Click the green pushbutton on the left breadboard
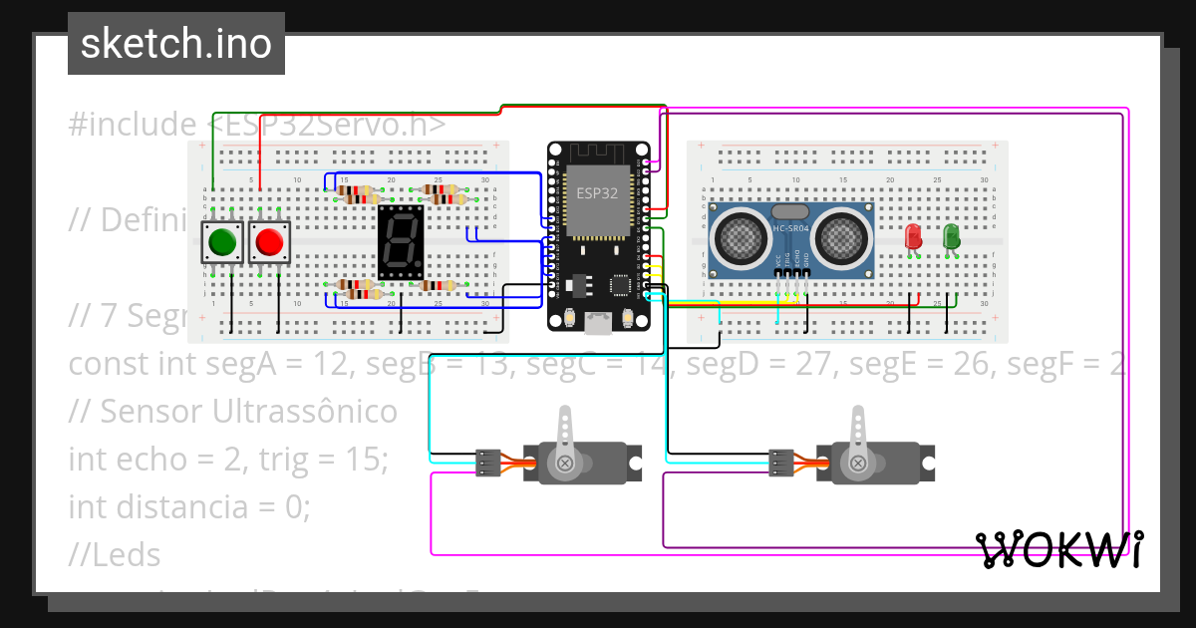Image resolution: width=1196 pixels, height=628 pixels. point(221,242)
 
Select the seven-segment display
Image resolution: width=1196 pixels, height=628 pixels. point(401,243)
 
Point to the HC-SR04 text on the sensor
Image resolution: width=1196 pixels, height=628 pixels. point(791,229)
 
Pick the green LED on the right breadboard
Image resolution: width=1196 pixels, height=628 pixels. point(951,236)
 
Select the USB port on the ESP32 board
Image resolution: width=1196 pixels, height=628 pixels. point(598,323)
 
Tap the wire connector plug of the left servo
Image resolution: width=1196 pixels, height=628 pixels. point(487,463)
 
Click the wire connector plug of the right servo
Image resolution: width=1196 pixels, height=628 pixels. point(779,463)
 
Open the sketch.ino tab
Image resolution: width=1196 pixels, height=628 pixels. point(176,44)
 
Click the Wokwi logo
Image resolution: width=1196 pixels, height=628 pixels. point(1058,549)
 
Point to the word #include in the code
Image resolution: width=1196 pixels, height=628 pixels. point(134,125)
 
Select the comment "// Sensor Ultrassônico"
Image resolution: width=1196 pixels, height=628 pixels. point(232,411)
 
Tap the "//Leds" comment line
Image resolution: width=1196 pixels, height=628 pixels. point(115,554)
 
